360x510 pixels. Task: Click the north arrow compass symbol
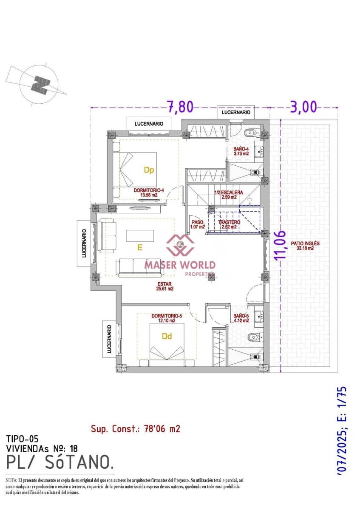40,84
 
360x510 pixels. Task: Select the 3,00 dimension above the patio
303,107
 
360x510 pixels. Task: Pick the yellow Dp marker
148,170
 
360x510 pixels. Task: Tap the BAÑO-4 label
241,151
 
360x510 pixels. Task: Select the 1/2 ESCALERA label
229,195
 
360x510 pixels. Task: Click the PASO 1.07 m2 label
198,224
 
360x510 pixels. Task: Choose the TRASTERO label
229,224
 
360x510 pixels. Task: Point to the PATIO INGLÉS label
305,246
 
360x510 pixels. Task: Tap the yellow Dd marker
167,336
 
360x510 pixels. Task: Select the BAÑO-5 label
241,318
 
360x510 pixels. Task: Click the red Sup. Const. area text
135,428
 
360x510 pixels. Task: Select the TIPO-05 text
22,439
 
